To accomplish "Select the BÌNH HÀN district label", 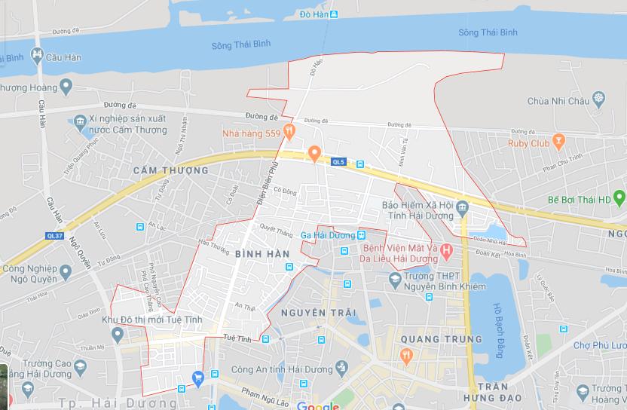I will point(262,254).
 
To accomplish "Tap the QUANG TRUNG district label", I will point(431,339).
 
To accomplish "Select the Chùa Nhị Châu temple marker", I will point(599,99).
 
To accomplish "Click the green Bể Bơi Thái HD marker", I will point(619,199).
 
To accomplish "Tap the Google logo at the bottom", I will point(318,406).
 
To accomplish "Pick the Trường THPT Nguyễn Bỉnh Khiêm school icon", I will point(394,280).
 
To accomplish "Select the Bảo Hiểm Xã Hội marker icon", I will point(463,207).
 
